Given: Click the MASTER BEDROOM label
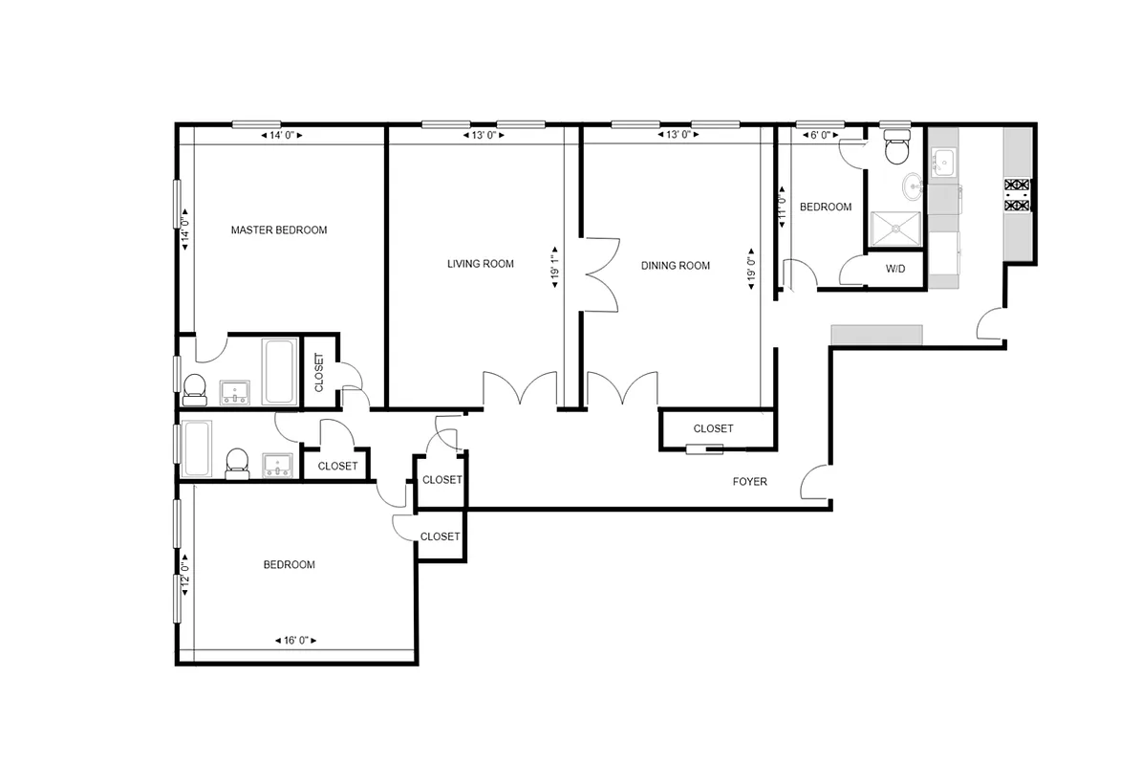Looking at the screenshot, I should point(279,230).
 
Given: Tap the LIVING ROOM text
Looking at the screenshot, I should point(481,264).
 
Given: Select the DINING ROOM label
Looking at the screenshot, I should point(676,266).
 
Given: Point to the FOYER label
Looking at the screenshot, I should point(749,482).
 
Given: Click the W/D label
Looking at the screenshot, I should point(894,270).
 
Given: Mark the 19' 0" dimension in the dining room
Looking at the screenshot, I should point(752,271).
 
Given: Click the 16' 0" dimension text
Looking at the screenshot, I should point(294,641).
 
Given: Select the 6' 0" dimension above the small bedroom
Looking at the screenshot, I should point(820,136).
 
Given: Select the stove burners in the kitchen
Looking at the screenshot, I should point(1017,194).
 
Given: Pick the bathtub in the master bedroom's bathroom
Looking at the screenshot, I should point(280,371).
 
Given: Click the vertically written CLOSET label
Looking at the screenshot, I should point(319,374).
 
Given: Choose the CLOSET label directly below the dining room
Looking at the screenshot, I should point(713,428).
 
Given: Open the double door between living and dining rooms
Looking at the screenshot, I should point(600,273).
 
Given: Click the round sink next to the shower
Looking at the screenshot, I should point(913,185).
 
